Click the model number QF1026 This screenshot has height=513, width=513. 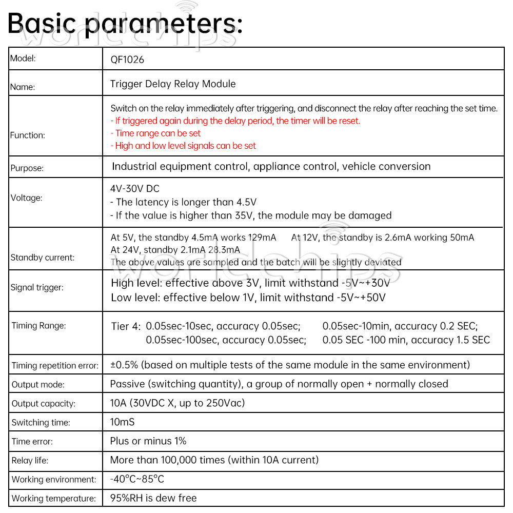[127, 60]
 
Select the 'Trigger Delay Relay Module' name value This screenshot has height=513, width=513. [173, 84]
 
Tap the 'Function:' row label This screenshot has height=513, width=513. [28, 135]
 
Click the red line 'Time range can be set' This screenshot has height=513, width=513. [155, 133]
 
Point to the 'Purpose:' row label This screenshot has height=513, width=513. [27, 168]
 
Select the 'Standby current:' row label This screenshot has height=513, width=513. [43, 258]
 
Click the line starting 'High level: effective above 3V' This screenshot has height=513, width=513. [250, 283]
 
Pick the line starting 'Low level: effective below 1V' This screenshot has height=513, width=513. [248, 298]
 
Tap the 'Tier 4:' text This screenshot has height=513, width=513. [125, 326]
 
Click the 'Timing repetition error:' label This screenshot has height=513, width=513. [55, 366]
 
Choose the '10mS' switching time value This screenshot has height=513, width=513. [123, 422]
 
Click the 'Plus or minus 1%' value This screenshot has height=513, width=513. [148, 441]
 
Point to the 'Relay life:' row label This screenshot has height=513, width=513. [30, 461]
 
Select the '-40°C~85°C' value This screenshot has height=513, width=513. [137, 479]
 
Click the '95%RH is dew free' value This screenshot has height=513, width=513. [153, 498]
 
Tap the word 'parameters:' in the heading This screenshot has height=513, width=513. [164, 24]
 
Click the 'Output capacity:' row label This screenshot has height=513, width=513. [44, 404]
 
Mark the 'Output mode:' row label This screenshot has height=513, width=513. [38, 385]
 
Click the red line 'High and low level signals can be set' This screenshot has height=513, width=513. [183, 146]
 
